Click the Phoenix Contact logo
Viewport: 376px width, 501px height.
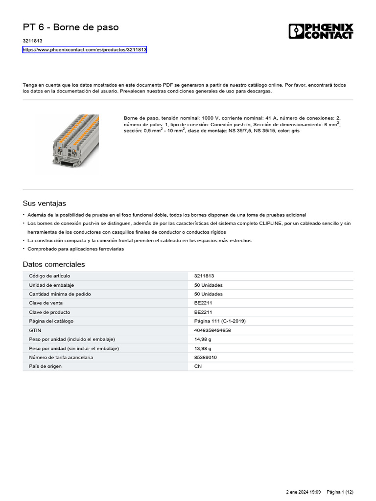(x=321, y=31)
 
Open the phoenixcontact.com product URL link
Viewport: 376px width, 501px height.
(x=85, y=50)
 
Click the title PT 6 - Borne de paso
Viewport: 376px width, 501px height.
(x=70, y=27)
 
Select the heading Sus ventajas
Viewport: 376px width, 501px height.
(x=44, y=203)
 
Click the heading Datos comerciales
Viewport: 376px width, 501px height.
(x=54, y=264)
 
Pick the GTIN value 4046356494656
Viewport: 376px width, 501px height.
(x=212, y=330)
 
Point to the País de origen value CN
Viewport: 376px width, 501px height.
(x=198, y=366)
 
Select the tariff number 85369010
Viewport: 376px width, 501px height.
(x=206, y=357)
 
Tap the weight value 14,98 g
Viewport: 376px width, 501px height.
(x=203, y=339)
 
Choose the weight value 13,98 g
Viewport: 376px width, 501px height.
(x=203, y=348)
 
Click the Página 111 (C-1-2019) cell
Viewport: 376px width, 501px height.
(x=220, y=321)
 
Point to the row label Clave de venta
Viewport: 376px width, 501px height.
(x=46, y=303)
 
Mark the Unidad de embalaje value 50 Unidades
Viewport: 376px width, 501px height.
(x=208, y=285)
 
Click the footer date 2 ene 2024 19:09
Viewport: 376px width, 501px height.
(x=303, y=492)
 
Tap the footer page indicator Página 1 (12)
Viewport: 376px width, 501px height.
(x=340, y=492)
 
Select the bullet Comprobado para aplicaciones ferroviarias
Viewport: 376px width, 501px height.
(x=76, y=249)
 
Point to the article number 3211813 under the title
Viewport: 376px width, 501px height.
(x=32, y=41)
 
